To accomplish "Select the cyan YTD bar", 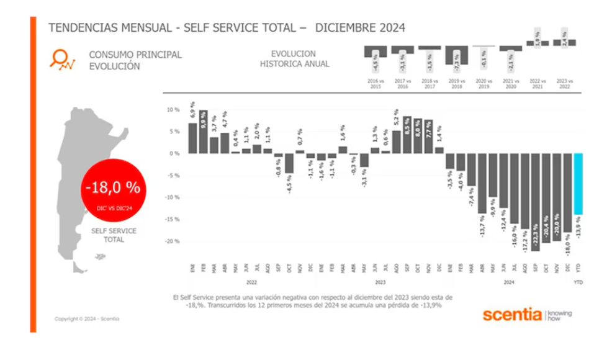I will tap(578, 183).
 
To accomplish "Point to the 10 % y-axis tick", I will tap(173, 109).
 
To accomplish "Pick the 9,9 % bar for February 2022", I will tap(203, 132).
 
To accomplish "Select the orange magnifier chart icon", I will tap(62, 58).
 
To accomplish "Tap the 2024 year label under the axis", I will tap(508, 282).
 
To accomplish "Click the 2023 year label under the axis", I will tap(380, 282).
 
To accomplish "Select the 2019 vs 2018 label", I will tap(457, 84).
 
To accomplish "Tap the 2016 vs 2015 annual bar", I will tap(375, 52).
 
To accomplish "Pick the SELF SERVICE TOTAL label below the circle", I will tap(114, 235).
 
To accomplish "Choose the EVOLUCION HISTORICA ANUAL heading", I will tap(295, 59).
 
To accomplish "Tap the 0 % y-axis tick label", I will tap(174, 153).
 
